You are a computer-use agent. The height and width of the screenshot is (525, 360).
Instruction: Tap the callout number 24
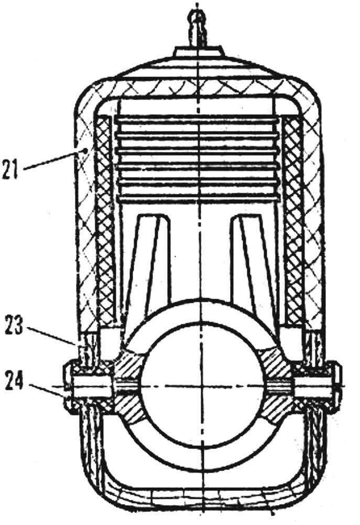coord(14,381)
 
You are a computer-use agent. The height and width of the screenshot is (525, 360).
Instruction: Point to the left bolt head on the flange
coord(68,387)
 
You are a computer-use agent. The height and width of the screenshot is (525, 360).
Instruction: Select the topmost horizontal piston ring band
coord(197,118)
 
